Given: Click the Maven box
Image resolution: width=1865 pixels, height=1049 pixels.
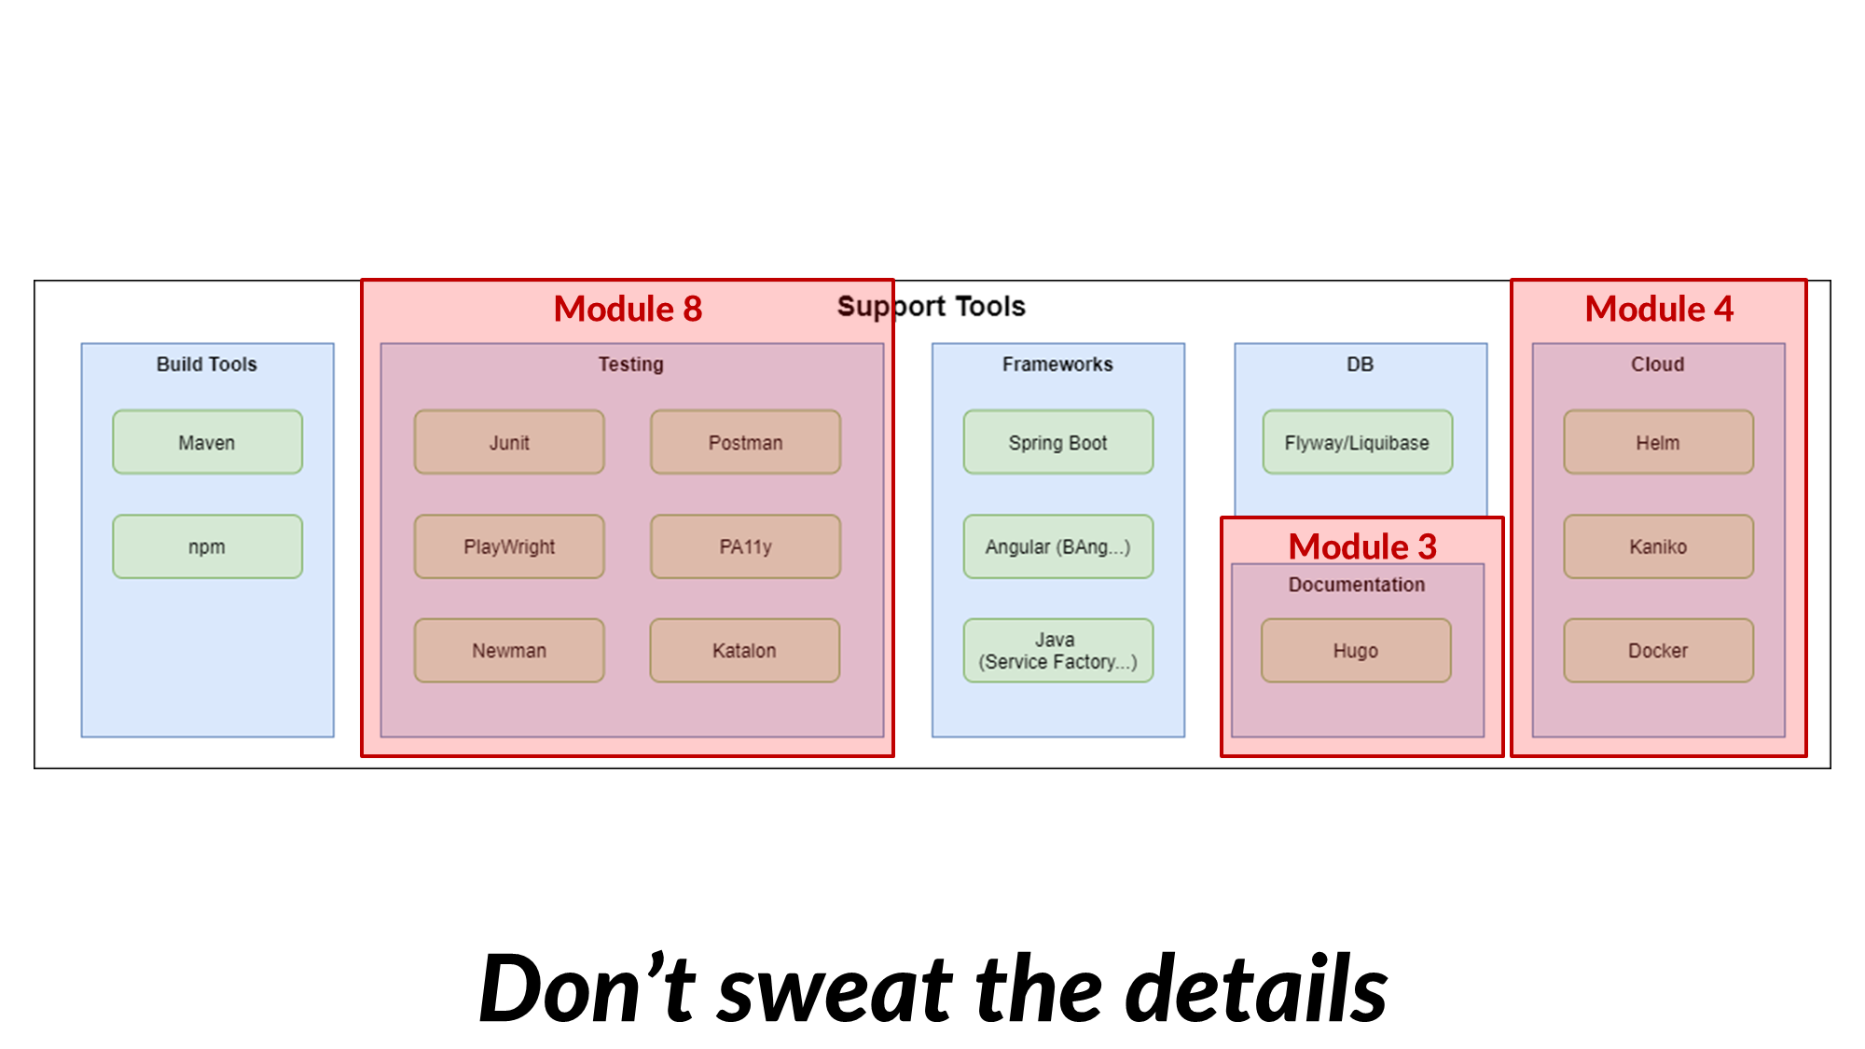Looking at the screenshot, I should (207, 442).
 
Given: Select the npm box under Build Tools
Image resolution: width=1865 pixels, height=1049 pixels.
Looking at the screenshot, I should (207, 546).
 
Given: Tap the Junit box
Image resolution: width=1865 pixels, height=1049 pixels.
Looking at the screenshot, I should (509, 442).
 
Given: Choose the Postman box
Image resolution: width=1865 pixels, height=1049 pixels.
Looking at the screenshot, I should (745, 442).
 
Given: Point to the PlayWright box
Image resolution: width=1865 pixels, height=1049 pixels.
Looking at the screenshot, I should (509, 546).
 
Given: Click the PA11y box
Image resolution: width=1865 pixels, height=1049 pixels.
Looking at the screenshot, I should (745, 546).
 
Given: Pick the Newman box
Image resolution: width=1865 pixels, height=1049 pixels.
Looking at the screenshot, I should (509, 650).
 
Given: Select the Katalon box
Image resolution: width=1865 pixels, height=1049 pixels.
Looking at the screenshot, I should (744, 650).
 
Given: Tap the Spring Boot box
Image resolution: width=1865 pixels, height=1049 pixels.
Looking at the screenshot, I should (1057, 442).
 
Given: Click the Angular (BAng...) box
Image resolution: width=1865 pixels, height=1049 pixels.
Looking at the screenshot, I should (1057, 546).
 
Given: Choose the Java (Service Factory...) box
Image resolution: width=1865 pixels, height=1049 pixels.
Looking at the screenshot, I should (1057, 650).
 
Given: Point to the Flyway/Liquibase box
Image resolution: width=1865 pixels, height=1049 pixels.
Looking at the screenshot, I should (1357, 442).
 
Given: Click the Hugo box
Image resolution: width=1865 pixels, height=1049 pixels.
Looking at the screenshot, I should (1356, 650).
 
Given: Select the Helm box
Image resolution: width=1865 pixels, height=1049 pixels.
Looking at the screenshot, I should (1658, 442).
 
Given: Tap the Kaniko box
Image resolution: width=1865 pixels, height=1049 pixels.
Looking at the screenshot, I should (1658, 546).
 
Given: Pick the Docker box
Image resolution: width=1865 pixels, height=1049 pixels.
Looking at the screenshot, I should (1658, 650).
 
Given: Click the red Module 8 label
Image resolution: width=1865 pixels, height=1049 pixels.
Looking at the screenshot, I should (628, 309).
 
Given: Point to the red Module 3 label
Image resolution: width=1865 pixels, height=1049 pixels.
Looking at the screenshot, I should (1362, 546).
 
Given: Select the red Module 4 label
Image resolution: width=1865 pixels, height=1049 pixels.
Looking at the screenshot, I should (1659, 309).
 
